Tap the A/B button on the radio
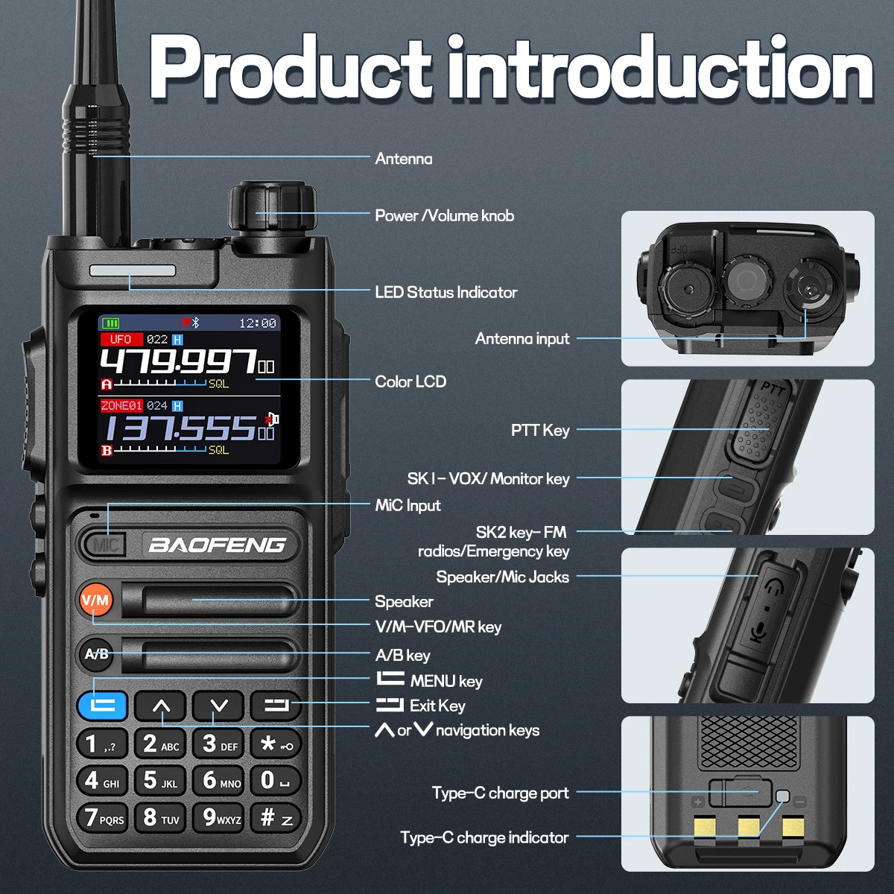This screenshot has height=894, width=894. (x=97, y=654)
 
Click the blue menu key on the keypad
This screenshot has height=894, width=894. (x=102, y=706)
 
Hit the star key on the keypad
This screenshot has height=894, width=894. (x=276, y=744)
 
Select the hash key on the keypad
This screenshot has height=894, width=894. (x=276, y=817)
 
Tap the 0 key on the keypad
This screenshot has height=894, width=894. (x=276, y=780)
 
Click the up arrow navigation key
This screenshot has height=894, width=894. (x=160, y=706)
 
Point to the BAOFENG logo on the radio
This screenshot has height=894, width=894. (x=217, y=545)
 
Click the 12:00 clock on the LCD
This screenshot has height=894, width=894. (x=258, y=323)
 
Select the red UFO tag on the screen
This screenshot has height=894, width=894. (x=121, y=339)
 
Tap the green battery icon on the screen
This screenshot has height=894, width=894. (x=110, y=323)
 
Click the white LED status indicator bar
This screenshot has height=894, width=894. (x=133, y=271)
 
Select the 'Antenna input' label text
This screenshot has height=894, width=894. (x=522, y=339)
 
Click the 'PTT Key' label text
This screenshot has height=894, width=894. (x=540, y=430)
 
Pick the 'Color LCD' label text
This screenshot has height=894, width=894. (x=410, y=381)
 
